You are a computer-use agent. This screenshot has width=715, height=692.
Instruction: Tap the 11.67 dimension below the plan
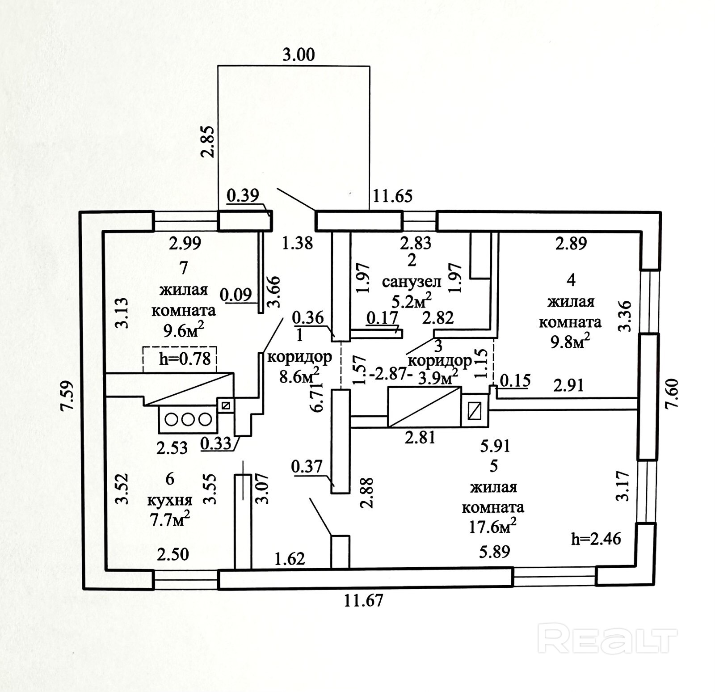point(363,600)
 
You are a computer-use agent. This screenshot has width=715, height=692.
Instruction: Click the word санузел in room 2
point(412,282)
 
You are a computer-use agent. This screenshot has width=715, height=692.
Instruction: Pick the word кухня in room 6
point(170,500)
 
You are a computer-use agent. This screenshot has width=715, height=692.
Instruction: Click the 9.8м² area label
point(570,342)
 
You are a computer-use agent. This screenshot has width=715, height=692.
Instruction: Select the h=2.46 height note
point(596,539)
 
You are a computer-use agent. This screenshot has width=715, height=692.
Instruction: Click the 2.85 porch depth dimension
point(208,142)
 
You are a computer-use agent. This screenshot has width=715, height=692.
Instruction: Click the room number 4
point(571,280)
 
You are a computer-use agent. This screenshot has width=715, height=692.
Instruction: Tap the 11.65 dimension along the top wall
point(391,196)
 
